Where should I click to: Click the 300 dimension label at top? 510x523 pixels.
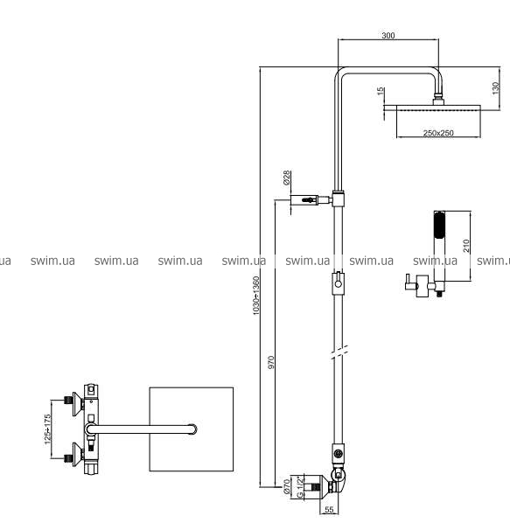388,35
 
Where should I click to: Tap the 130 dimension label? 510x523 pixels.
496,88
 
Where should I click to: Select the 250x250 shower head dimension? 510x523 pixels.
438,133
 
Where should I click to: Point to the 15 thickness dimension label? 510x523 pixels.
381,91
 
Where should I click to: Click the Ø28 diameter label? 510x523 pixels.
286,178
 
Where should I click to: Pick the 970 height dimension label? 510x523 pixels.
271,362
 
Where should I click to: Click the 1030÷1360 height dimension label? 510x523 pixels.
255,296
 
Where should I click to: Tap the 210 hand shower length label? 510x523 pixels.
466,246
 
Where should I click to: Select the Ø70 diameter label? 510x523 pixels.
286,486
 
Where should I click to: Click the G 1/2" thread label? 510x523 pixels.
301,486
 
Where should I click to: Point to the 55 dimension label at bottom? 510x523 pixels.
329,509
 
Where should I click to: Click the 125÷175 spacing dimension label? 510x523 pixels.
48,429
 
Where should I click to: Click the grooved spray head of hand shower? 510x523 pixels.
439,226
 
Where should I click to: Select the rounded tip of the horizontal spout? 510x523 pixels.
192,429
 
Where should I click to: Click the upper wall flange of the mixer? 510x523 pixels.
78,404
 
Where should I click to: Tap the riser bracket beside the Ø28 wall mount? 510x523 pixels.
339,199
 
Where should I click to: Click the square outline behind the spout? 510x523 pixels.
150,429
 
